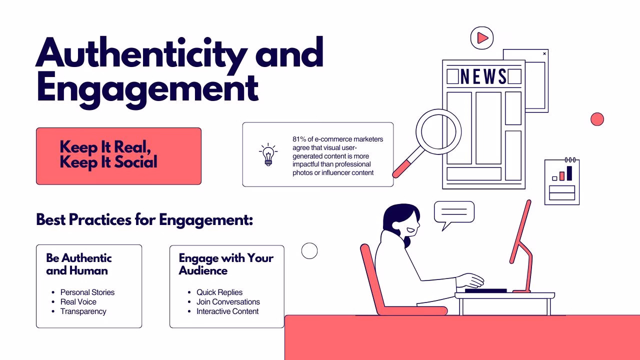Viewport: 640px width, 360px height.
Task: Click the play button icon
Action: coord(482,38)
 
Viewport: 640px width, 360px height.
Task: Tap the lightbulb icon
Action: coord(268,154)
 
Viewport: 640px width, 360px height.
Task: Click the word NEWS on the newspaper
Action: coord(483,76)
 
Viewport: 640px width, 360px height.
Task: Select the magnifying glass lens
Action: coord(438,131)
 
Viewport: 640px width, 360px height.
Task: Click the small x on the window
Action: coord(544,53)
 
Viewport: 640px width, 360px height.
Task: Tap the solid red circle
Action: coord(597,119)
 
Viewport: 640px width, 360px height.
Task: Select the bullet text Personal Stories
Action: coord(87,292)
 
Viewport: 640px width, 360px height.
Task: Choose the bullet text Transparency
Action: coord(83,311)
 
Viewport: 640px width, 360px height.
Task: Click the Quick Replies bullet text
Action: coord(219,292)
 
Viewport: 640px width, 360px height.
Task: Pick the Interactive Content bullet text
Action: coord(227,311)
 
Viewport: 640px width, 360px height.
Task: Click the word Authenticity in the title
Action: coord(141,54)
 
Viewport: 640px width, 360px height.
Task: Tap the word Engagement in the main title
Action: coord(147,89)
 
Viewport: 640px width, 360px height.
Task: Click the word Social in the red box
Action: coord(136,162)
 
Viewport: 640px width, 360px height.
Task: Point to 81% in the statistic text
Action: coord(299,139)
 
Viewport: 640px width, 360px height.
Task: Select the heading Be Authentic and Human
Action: coord(79,264)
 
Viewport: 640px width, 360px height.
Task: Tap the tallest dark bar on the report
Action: coord(569,173)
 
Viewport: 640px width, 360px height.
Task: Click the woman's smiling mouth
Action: coord(410,229)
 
